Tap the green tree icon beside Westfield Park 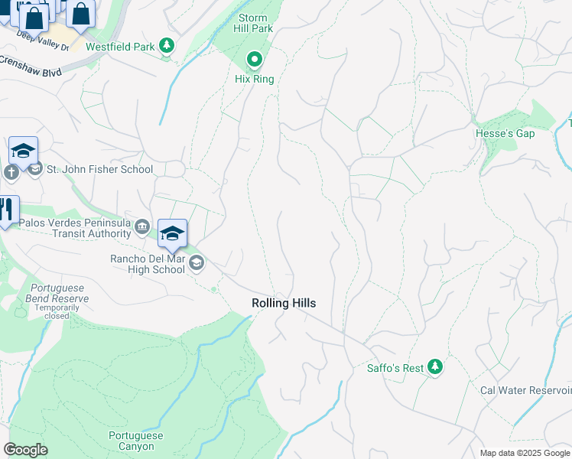[x=166, y=47]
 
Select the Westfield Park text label [x=120, y=47]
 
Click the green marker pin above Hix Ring [x=254, y=59]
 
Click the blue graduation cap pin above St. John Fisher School [x=24, y=151]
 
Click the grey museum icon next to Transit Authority [x=142, y=226]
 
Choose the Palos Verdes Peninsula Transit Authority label [x=75, y=228]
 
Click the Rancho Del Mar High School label [x=148, y=264]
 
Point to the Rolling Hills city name [x=284, y=304]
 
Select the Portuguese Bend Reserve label [x=57, y=293]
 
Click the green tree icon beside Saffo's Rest [x=435, y=368]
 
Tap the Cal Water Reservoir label [x=525, y=390]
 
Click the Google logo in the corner [x=25, y=450]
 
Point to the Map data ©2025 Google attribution [x=524, y=453]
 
